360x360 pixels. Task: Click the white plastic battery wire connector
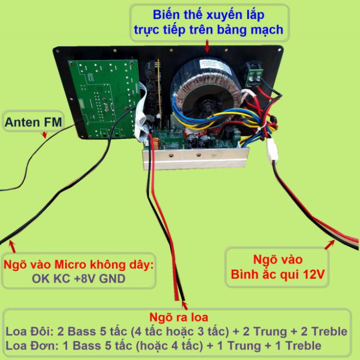pyautogui.click(x=272, y=150)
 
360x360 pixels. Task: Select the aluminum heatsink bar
pyautogui.click(x=196, y=158)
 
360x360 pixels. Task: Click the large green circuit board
pyautogui.click(x=105, y=99)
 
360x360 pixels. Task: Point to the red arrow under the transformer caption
pyautogui.click(x=207, y=46)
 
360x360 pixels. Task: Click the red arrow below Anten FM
pyautogui.click(x=44, y=135)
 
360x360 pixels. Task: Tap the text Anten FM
pyautogui.click(x=33, y=122)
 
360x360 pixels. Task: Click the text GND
pyautogui.click(x=112, y=278)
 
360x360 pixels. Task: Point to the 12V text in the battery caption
pyautogui.click(x=314, y=274)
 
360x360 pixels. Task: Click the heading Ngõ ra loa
pyautogui.click(x=178, y=317)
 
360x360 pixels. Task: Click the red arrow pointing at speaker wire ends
pyautogui.click(x=185, y=305)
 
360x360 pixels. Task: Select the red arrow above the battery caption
pyautogui.click(x=330, y=244)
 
